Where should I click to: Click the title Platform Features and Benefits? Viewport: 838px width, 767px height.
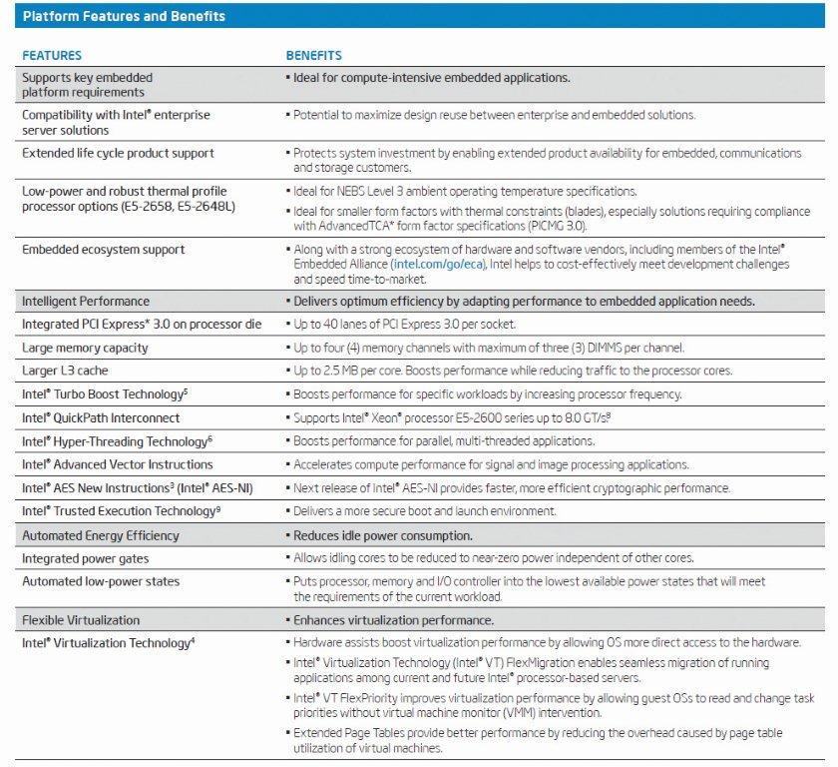(x=124, y=16)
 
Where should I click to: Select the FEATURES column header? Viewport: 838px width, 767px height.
(x=52, y=56)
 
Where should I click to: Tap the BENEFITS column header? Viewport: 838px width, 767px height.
(x=314, y=56)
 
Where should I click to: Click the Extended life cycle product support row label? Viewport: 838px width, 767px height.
(x=119, y=154)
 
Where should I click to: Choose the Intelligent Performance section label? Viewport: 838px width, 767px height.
(x=86, y=302)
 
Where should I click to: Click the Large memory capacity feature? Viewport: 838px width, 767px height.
(x=85, y=348)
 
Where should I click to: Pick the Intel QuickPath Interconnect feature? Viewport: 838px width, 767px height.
(x=101, y=417)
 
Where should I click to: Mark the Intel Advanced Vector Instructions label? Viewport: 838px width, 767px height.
(x=117, y=464)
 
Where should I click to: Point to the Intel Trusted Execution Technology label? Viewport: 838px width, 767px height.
(x=120, y=511)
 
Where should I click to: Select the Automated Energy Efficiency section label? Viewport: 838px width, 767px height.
(x=101, y=535)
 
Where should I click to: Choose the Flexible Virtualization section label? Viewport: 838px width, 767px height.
(x=81, y=620)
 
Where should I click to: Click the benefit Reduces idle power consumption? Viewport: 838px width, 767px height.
(x=383, y=535)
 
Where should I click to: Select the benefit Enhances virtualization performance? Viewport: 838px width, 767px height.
(x=393, y=620)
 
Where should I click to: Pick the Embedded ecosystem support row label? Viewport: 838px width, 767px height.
(x=104, y=250)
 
